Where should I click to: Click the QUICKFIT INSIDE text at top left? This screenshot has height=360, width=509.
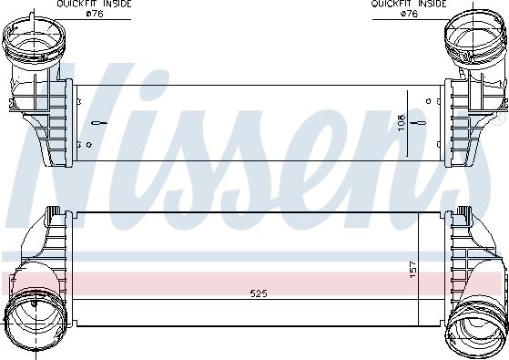click(94, 5)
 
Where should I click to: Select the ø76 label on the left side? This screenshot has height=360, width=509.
click(94, 14)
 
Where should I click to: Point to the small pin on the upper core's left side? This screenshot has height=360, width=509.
click(77, 118)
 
